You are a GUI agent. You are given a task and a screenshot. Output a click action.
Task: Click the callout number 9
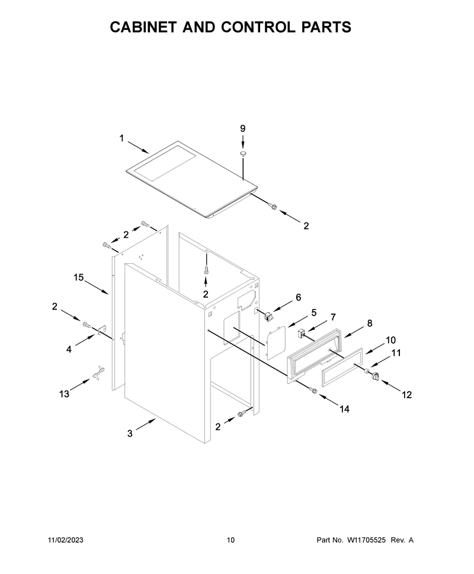point(243,128)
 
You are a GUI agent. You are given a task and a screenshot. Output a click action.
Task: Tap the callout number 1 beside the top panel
point(121,138)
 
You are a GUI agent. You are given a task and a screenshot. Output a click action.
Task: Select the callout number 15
point(78,278)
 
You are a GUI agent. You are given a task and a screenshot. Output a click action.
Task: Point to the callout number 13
point(64,394)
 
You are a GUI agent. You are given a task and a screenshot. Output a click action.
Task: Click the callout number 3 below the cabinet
point(130,433)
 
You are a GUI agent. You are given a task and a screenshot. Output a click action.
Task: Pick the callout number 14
point(344,409)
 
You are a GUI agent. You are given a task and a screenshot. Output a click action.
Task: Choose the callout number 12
point(406,395)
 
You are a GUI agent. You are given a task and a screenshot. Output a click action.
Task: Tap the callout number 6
point(299,297)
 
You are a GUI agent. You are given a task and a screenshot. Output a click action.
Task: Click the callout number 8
point(370,323)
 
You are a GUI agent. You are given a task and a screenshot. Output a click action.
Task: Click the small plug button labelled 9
point(243,153)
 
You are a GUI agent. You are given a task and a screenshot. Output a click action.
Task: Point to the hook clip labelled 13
point(98,373)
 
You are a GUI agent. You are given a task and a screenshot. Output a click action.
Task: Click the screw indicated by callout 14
point(313,391)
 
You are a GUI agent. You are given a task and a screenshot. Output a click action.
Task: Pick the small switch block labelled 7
point(302,333)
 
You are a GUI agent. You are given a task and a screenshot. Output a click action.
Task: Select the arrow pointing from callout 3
point(146,425)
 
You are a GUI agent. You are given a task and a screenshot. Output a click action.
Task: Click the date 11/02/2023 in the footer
point(66,540)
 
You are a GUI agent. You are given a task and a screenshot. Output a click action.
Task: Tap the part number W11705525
point(366,540)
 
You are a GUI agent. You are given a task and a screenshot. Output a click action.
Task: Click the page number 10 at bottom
point(230,540)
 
